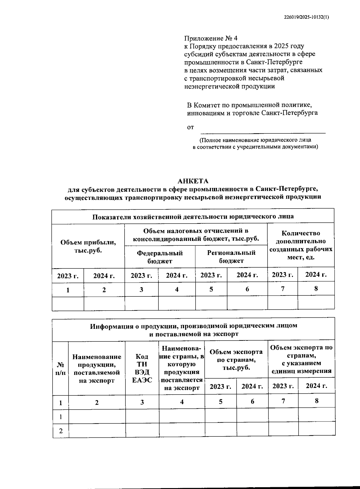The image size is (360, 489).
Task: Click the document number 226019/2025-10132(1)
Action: (306, 17)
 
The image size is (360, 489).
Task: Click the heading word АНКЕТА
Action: (193, 181)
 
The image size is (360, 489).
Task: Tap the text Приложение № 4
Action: (210, 38)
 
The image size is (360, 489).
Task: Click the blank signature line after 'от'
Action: (262, 130)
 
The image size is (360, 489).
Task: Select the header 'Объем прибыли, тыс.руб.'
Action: (88, 246)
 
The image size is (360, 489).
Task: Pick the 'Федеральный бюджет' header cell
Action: (160, 257)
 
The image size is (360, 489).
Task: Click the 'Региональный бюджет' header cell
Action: (231, 256)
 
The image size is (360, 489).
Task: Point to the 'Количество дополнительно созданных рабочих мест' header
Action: (301, 245)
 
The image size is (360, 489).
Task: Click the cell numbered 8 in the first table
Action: (316, 289)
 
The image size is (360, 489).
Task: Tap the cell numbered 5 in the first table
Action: (211, 289)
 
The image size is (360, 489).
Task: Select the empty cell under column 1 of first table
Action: (68, 303)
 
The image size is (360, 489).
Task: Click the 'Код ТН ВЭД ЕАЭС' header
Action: (142, 368)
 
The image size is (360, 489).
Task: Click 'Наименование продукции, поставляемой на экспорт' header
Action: (97, 368)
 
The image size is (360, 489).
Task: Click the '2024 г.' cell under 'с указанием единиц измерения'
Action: (316, 386)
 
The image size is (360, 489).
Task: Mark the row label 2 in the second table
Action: (61, 431)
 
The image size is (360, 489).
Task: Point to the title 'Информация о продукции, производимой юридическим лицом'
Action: (193, 325)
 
